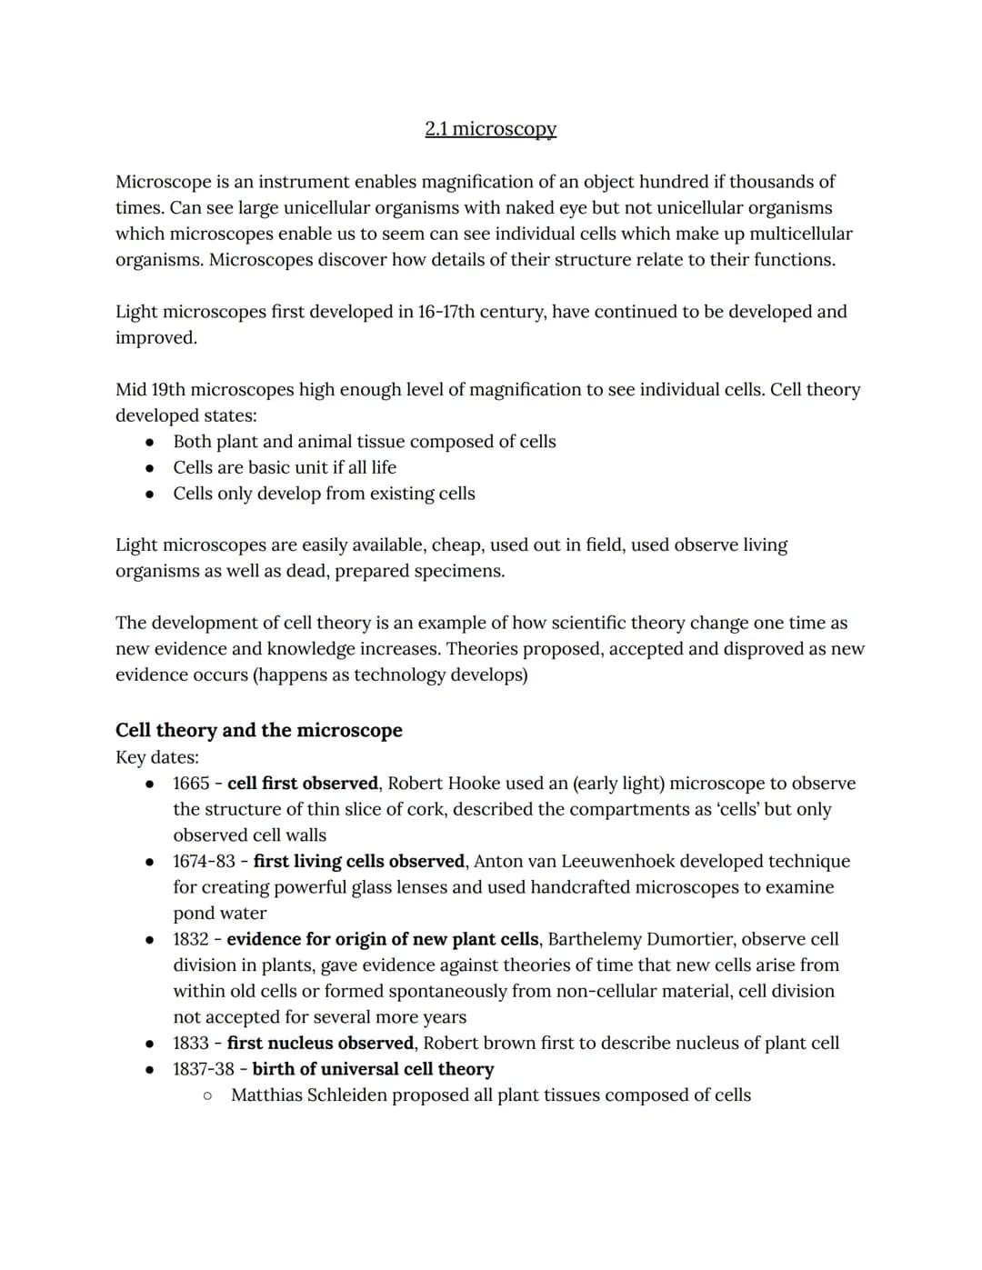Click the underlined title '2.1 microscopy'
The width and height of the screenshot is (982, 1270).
pyautogui.click(x=490, y=129)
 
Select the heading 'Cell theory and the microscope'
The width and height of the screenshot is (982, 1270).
pyautogui.click(x=258, y=730)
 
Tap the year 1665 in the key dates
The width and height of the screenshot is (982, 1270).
pyautogui.click(x=191, y=783)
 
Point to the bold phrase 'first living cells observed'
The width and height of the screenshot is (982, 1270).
pyautogui.click(x=359, y=861)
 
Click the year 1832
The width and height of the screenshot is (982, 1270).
pyautogui.click(x=191, y=939)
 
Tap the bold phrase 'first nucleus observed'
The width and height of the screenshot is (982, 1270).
pyautogui.click(x=321, y=1043)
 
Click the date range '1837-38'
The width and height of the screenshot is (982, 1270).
pyautogui.click(x=204, y=1069)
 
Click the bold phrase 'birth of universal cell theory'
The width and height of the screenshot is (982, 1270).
pyautogui.click(x=373, y=1069)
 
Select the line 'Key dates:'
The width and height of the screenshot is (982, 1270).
pyautogui.click(x=157, y=757)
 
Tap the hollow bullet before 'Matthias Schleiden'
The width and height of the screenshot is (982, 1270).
pyautogui.click(x=208, y=1095)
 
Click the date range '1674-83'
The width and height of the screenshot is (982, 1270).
pyautogui.click(x=204, y=861)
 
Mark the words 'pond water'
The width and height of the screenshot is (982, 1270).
pyautogui.click(x=220, y=913)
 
